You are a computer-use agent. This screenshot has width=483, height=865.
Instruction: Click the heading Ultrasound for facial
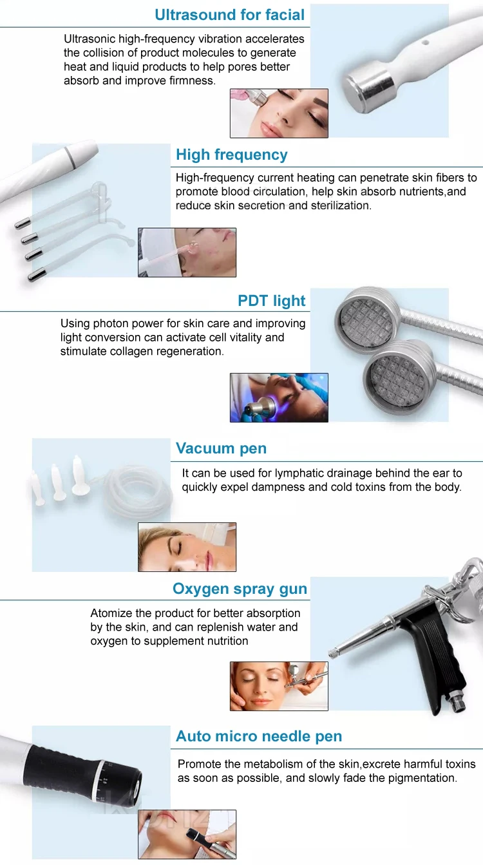coord(230,15)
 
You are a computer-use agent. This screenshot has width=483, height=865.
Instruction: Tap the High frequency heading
coord(231,155)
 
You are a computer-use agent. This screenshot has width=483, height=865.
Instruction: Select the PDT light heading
coord(272,301)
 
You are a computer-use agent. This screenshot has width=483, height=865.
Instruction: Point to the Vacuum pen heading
coord(221,448)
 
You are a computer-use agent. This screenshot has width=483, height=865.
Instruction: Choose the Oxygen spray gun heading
coord(240,589)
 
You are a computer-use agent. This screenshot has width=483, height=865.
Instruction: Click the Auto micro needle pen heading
coord(259,736)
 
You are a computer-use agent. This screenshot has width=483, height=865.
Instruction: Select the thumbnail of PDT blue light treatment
coord(279,397)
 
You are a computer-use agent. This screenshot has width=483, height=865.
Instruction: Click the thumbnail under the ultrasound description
coord(279,113)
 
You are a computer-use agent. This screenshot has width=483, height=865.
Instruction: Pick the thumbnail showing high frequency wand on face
coord(187,252)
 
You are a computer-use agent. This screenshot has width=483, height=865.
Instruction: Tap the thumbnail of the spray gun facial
coord(279,686)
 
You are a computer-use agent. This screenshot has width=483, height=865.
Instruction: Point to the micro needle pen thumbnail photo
coord(187,834)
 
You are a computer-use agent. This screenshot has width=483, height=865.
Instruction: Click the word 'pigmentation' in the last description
coord(423,778)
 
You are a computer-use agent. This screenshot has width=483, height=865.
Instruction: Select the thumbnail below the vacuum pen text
coord(187,547)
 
